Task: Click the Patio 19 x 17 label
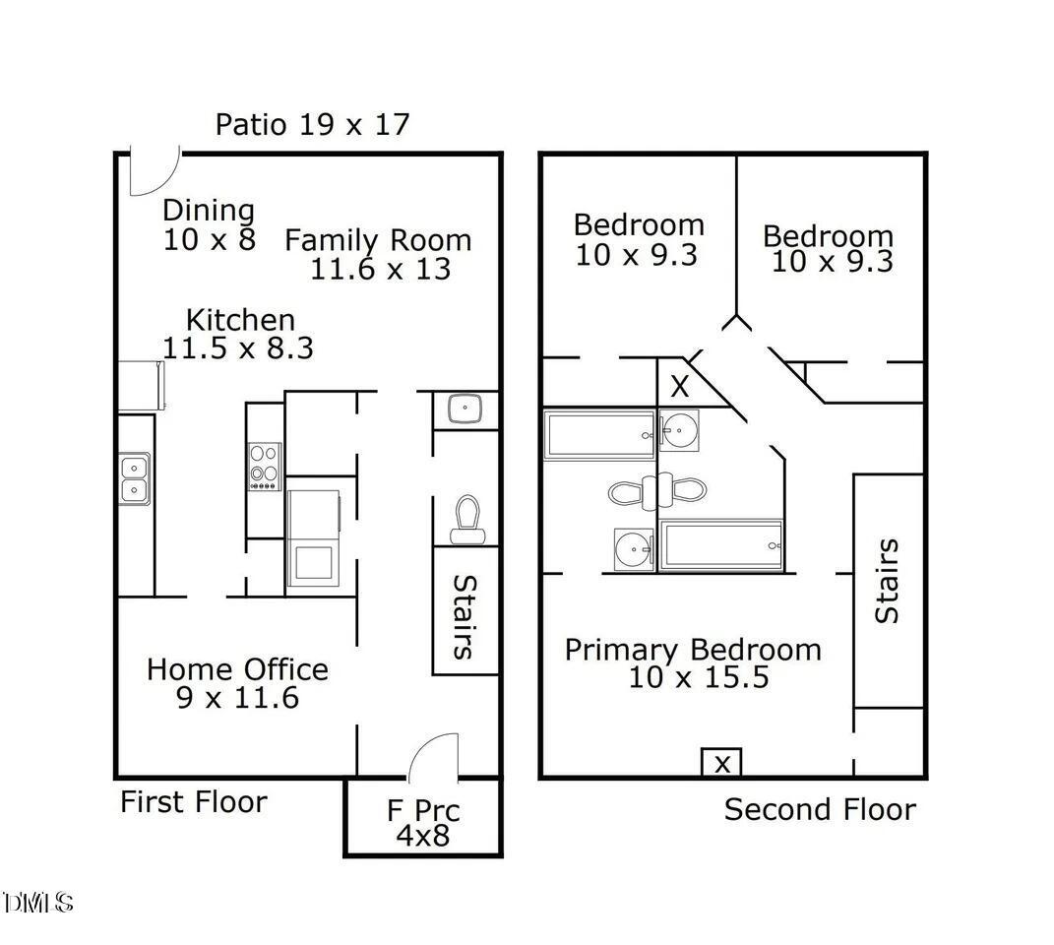312,124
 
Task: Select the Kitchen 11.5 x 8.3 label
238,335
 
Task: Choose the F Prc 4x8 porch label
423,823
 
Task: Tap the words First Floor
194,801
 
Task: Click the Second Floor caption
820,809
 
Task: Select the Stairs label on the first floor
465,617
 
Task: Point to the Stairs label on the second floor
887,581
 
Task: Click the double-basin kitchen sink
135,478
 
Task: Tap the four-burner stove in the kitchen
265,467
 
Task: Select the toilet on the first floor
467,519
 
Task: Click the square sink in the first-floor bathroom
465,409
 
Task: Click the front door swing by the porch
434,757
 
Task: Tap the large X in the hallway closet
680,387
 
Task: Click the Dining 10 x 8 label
209,224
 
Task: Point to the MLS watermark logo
37,903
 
